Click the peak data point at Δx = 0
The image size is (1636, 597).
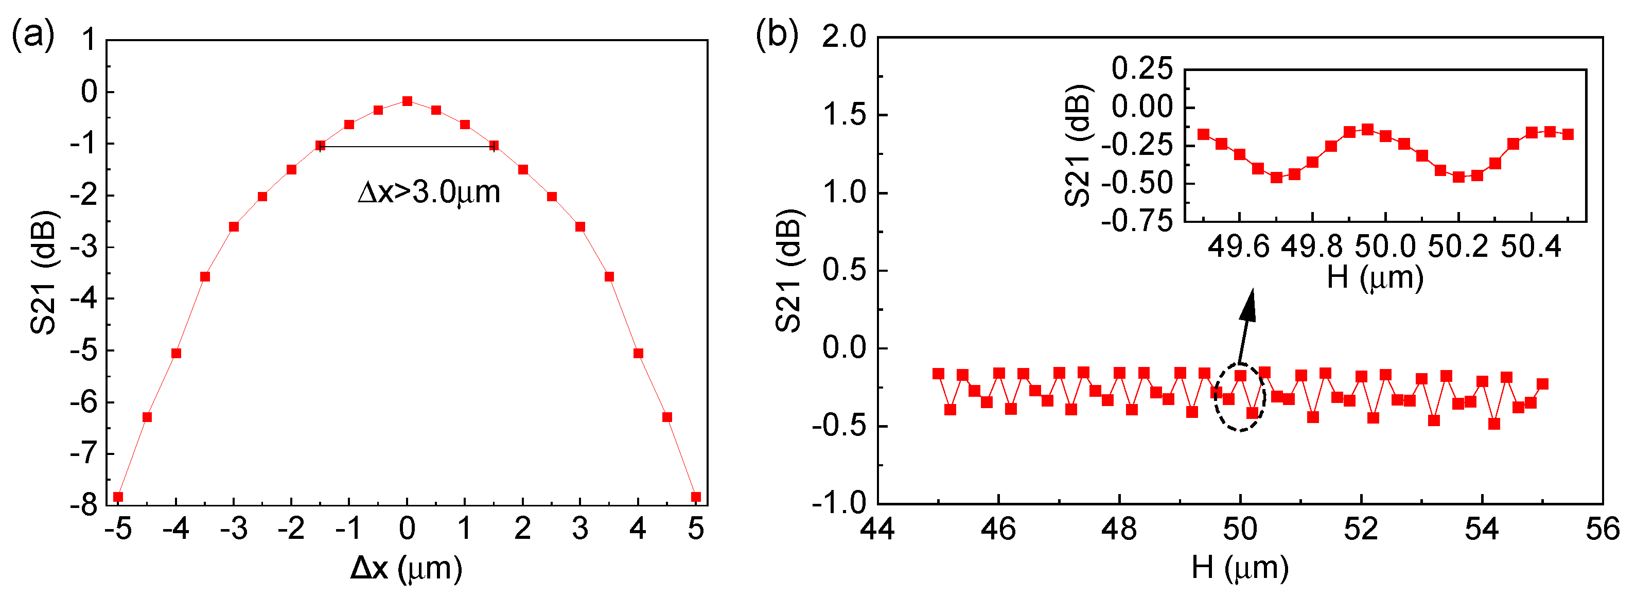tap(407, 101)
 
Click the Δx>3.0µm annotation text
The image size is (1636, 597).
tap(429, 192)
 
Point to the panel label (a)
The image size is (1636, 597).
tap(33, 34)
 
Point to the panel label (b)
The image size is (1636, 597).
tap(776, 34)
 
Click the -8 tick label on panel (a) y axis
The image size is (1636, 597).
tap(84, 505)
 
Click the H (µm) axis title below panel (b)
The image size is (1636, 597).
tap(1240, 567)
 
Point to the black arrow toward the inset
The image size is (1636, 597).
tap(1246, 327)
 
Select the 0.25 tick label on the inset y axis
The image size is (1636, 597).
tap(1142, 68)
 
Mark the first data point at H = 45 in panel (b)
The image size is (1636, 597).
tap(938, 374)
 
